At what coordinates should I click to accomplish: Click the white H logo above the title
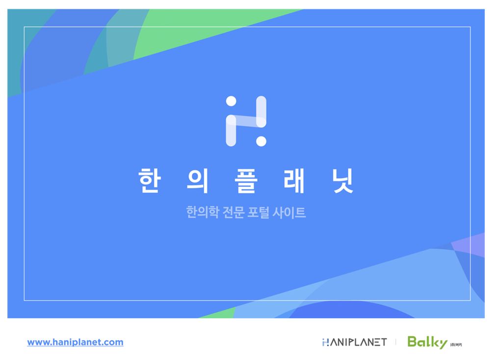click(x=246, y=121)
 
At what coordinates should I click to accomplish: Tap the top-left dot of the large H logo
click(x=231, y=101)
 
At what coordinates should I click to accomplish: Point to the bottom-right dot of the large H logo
click(x=261, y=141)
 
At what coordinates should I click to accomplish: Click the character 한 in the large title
click(x=148, y=180)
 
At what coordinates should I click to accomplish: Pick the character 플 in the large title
click(x=245, y=180)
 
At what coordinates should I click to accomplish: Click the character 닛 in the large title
click(x=342, y=180)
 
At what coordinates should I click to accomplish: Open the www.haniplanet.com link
click(x=75, y=342)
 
